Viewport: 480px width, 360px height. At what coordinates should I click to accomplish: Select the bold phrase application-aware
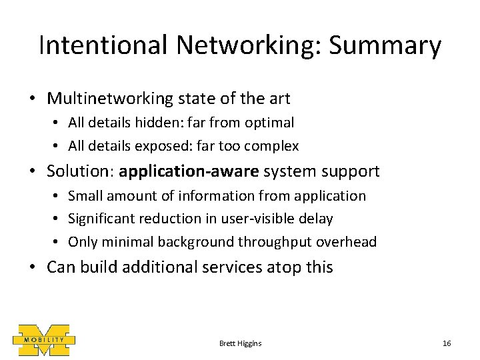tap(189, 171)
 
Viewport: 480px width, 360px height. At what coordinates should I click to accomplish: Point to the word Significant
tap(101, 219)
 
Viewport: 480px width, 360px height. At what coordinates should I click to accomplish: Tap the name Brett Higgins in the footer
tap(240, 343)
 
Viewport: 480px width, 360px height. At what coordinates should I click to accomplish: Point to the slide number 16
tap(447, 343)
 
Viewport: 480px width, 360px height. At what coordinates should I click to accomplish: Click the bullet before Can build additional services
tap(33, 267)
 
